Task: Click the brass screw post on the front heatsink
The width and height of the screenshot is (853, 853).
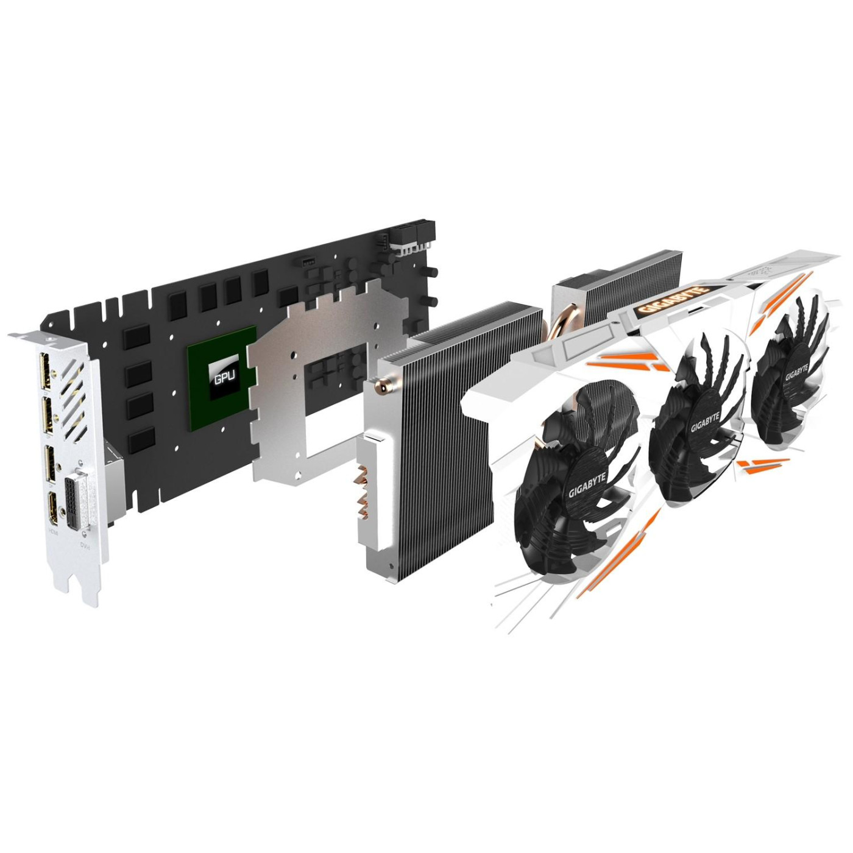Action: pos(382,384)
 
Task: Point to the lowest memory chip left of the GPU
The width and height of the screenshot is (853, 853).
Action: pos(141,437)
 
